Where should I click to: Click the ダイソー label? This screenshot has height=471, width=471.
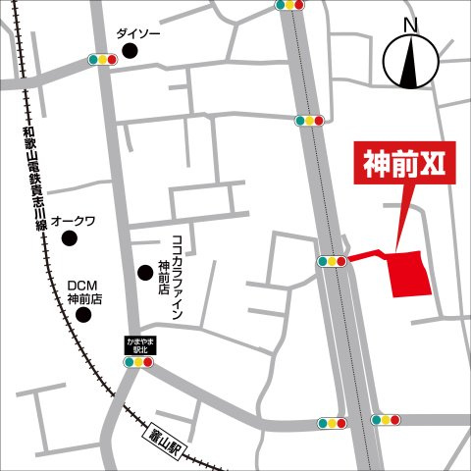(138, 34)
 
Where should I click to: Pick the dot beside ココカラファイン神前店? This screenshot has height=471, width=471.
(145, 272)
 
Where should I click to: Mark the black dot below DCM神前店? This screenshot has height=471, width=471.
(84, 315)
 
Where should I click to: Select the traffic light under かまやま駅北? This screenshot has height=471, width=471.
(137, 361)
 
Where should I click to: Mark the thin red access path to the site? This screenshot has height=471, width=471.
(367, 257)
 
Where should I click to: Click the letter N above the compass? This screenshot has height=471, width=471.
(411, 26)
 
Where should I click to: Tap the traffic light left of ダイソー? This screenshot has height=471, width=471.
(102, 60)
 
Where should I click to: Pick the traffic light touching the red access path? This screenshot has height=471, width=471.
(332, 262)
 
